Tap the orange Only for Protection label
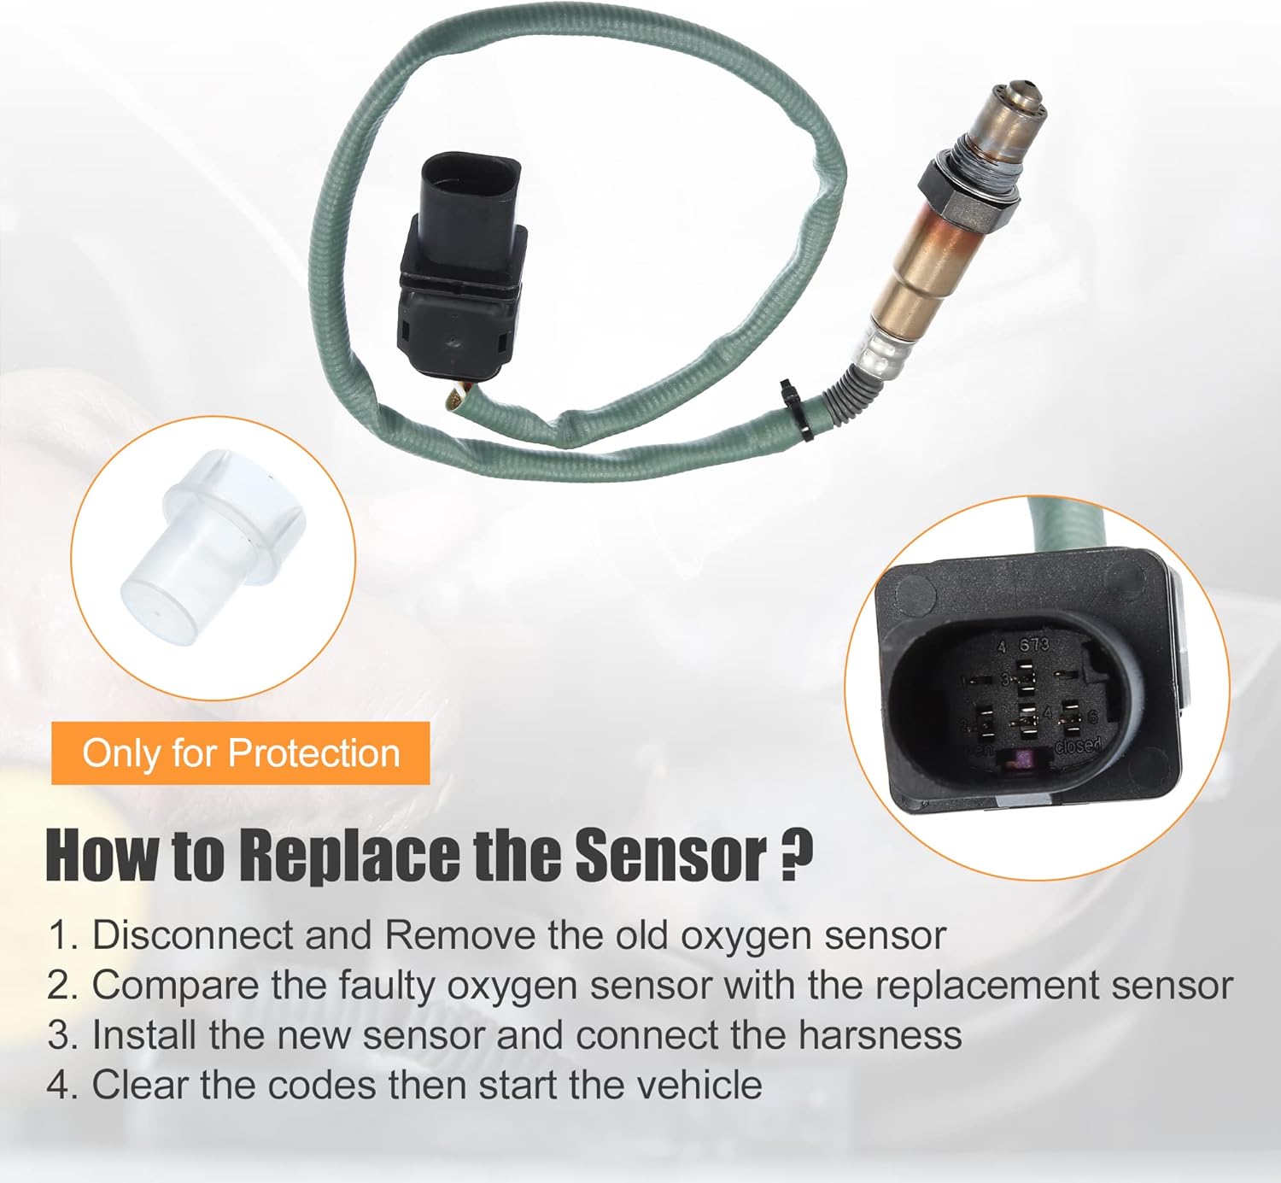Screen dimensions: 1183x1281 tap(240, 753)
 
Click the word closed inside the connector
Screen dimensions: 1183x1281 tap(1078, 746)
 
